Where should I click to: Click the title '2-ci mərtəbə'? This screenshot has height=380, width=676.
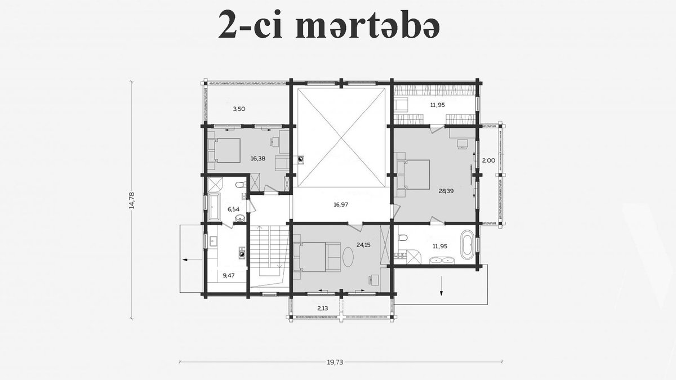[328, 25]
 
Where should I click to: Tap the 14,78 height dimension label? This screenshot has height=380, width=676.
[132, 200]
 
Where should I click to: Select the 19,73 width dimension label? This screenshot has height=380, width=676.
[335, 362]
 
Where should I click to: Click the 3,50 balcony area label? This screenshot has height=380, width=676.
[239, 109]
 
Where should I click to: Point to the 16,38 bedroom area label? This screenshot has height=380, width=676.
[258, 158]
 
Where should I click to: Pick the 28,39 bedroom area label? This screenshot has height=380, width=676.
[446, 191]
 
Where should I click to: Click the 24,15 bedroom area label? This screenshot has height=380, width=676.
[363, 245]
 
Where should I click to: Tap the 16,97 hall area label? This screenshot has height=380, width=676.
[341, 204]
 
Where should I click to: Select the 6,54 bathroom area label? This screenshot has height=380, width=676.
[234, 209]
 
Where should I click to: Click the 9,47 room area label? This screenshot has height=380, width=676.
[229, 275]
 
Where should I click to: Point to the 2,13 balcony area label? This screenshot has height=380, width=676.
[322, 309]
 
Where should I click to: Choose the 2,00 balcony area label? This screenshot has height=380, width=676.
[488, 160]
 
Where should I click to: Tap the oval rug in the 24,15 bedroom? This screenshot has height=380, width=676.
[348, 257]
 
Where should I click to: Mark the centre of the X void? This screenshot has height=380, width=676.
[341, 137]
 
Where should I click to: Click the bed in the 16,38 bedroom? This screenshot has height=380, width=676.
[224, 150]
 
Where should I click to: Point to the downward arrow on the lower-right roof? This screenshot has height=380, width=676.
[441, 285]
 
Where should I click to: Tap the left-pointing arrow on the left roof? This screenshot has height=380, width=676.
[192, 260]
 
